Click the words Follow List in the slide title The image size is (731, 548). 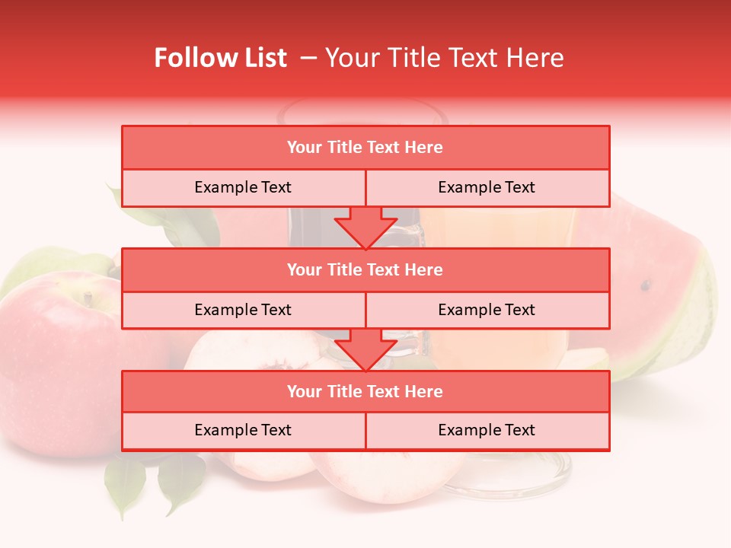(x=220, y=58)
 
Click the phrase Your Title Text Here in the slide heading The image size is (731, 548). (x=444, y=58)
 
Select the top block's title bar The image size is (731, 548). (x=365, y=148)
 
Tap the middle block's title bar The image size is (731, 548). (x=365, y=270)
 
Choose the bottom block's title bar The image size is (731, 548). (x=365, y=392)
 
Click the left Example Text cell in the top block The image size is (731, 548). (x=243, y=188)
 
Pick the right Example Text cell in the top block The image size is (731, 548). (x=487, y=188)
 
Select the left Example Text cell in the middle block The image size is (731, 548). (x=243, y=311)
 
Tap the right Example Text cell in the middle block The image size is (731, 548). (x=487, y=311)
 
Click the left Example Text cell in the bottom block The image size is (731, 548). (x=243, y=431)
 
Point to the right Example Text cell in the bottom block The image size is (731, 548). (x=487, y=431)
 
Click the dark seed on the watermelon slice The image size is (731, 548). (x=646, y=286)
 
